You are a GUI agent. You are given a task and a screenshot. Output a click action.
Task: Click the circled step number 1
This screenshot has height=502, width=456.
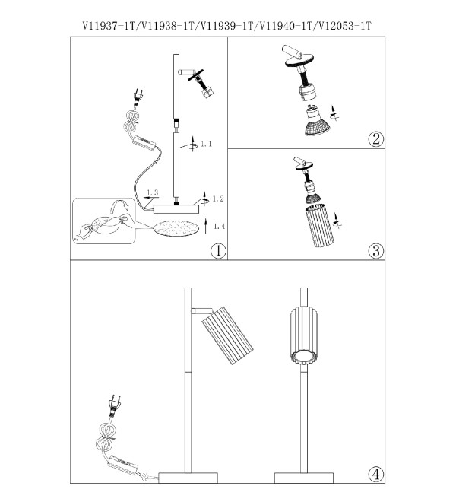tap(218, 250)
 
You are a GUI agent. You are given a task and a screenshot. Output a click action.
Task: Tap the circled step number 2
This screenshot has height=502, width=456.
tap(375, 139)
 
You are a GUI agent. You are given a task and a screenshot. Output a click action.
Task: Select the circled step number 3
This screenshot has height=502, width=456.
tap(375, 250)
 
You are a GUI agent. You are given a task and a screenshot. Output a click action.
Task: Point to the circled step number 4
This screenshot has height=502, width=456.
tap(375, 474)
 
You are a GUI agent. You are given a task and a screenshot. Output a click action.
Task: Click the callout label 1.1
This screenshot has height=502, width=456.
tap(207, 144)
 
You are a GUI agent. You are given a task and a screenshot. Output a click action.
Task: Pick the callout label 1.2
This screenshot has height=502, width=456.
tap(218, 199)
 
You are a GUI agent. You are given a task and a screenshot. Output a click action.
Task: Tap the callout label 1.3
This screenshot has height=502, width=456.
tap(152, 192)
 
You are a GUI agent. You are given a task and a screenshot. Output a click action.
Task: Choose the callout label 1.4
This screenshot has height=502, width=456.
tap(219, 227)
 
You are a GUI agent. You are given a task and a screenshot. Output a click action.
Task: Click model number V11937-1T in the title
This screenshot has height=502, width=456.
tap(109, 26)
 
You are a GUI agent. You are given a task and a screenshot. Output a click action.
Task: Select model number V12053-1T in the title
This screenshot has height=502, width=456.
tap(344, 26)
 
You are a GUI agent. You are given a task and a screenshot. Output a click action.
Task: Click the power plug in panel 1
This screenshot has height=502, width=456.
tap(138, 97)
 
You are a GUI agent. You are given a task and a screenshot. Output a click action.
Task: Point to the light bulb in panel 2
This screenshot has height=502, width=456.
tap(317, 121)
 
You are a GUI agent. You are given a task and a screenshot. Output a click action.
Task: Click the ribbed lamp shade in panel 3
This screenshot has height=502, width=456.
tap(320, 227)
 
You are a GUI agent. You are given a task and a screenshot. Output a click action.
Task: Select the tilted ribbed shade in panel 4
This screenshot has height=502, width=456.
tap(227, 335)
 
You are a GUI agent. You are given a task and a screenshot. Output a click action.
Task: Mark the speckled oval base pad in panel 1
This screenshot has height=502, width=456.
tap(176, 229)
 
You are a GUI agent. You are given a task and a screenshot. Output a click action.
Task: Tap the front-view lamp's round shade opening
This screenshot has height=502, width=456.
tap(304, 356)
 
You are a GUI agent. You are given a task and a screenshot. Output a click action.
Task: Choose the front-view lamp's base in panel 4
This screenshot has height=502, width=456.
tap(304, 478)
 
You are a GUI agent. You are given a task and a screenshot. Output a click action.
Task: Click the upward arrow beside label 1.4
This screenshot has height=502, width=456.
tap(206, 227)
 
